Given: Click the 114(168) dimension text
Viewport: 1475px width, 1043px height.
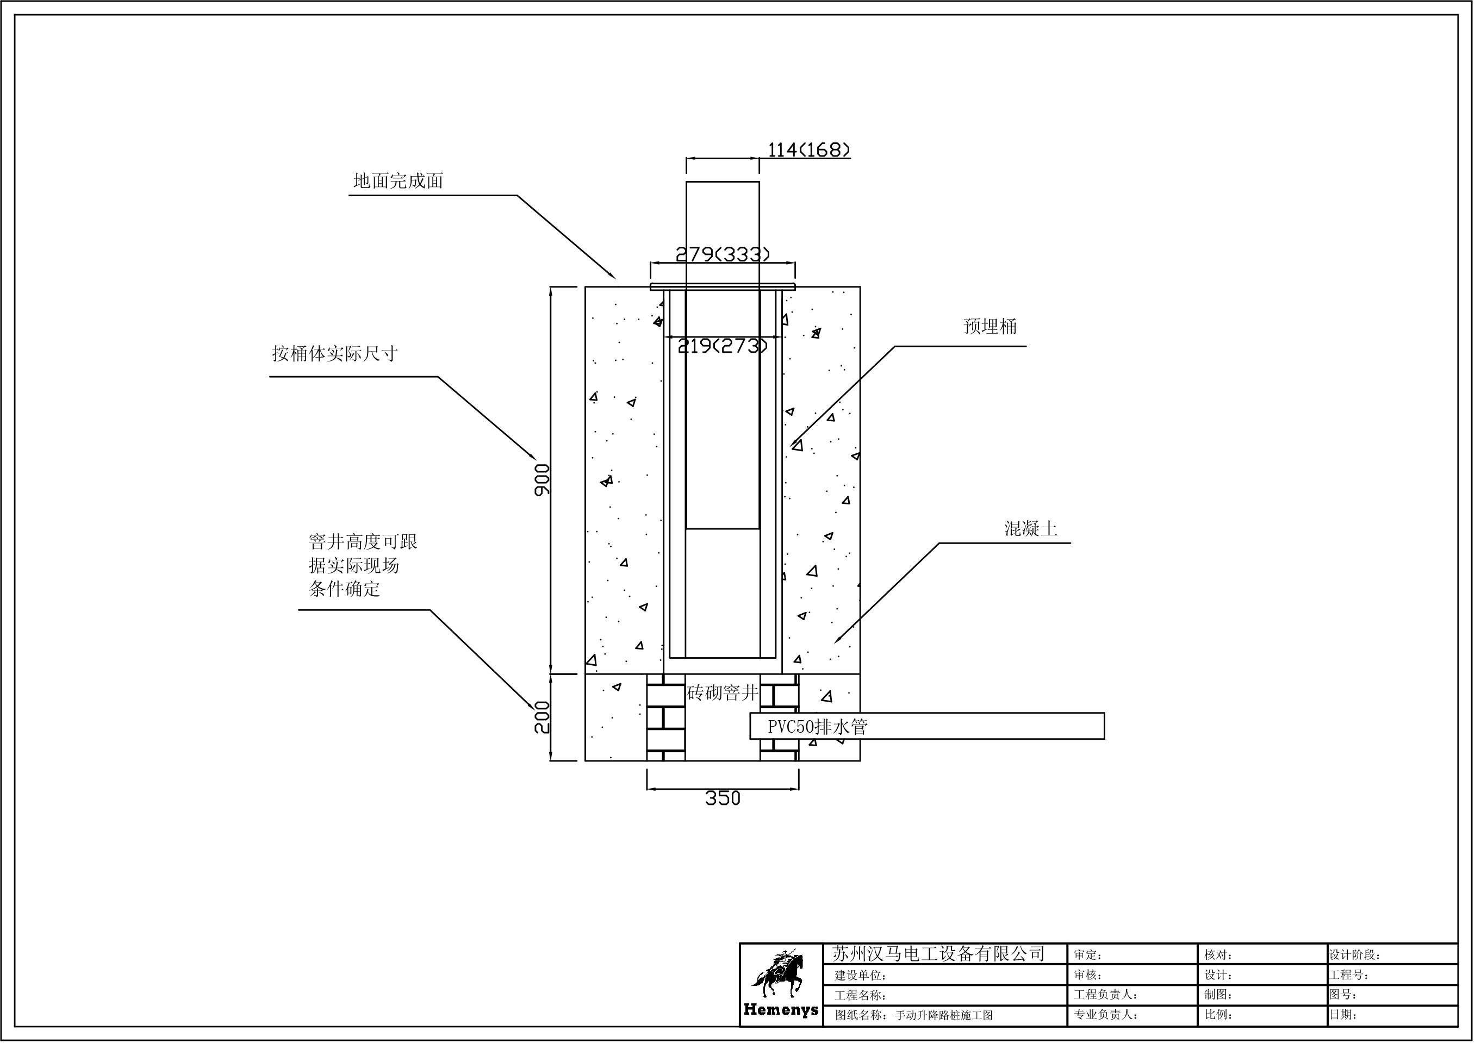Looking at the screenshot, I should pos(809,151).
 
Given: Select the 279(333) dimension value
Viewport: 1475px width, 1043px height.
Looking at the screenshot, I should pos(722,255).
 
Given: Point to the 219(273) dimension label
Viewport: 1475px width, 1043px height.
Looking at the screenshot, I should pos(722,347).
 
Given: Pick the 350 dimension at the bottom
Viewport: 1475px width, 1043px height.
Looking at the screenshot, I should pos(723,798).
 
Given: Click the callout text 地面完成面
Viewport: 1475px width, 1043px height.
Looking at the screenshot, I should pos(399,181).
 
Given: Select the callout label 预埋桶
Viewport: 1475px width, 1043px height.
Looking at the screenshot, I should pos(990,327).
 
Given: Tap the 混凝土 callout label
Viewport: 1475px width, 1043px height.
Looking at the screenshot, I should pos(1030,528).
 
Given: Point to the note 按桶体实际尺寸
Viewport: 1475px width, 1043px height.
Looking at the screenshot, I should pos(335,354).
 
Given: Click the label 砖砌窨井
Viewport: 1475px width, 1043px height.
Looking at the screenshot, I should pos(723,693).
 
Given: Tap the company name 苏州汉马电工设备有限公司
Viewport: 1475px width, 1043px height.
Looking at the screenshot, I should pos(938,954).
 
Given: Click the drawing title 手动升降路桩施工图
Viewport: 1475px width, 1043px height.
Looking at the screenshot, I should pos(944,1015).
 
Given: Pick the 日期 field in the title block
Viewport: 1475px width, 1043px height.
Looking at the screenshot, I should pos(1343,1015).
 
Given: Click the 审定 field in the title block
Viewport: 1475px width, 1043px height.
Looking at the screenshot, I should pos(1087,955).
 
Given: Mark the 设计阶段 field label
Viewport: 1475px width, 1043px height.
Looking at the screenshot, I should pos(1354,955).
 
